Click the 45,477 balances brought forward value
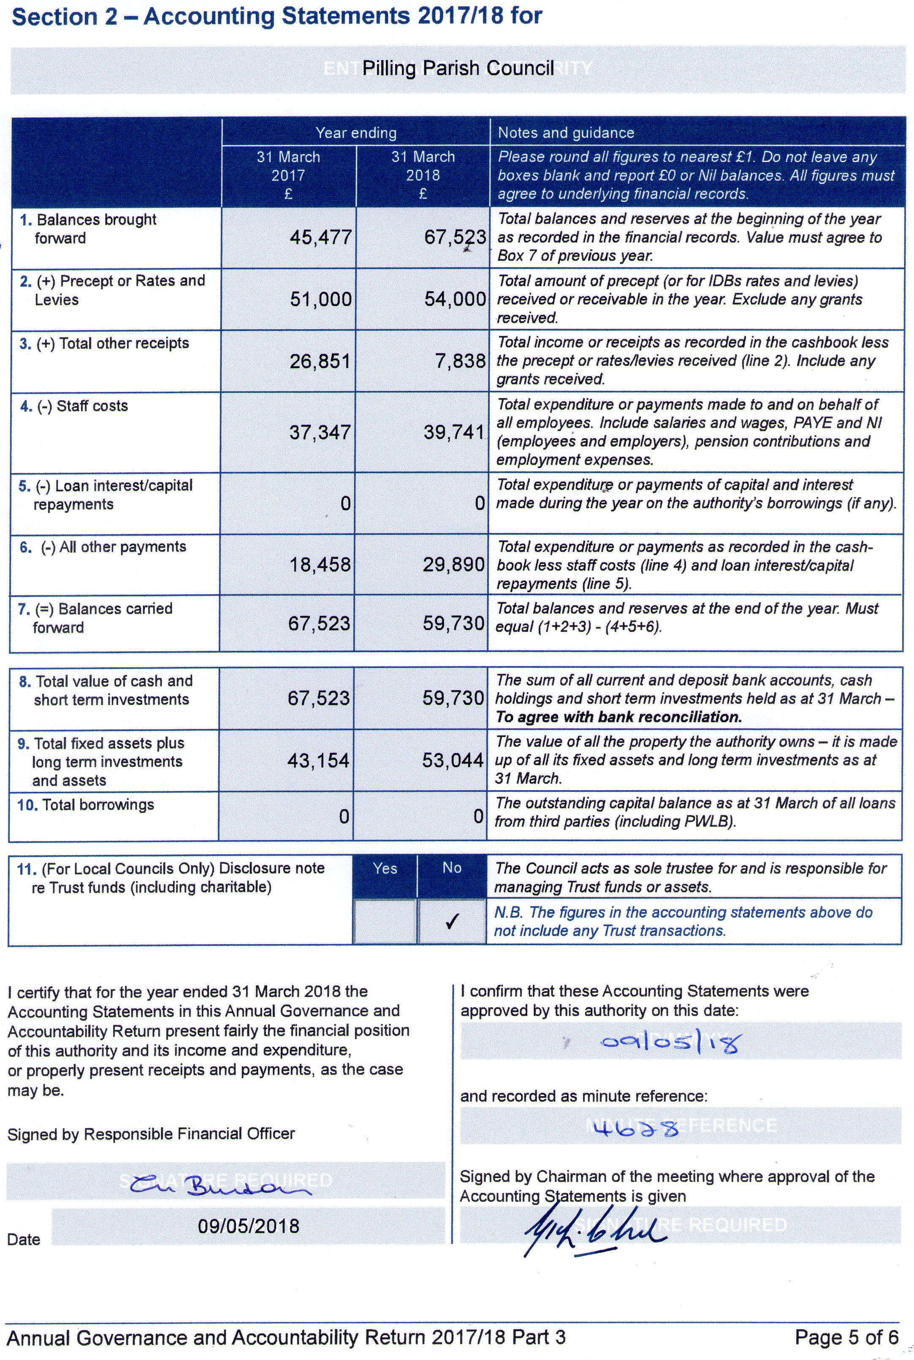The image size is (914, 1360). (320, 237)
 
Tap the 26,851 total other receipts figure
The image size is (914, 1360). (320, 361)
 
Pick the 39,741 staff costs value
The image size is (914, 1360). (454, 432)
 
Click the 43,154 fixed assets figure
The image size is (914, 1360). (318, 761)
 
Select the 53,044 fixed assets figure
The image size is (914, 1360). (453, 761)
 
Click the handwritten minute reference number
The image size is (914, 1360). (635, 1129)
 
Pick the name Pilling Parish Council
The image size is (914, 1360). (458, 69)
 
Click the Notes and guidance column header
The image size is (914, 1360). (565, 133)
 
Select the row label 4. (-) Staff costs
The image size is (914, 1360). (74, 406)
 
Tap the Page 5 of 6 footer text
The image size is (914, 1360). (846, 1337)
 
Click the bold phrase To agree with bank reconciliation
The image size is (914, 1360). (618, 717)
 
